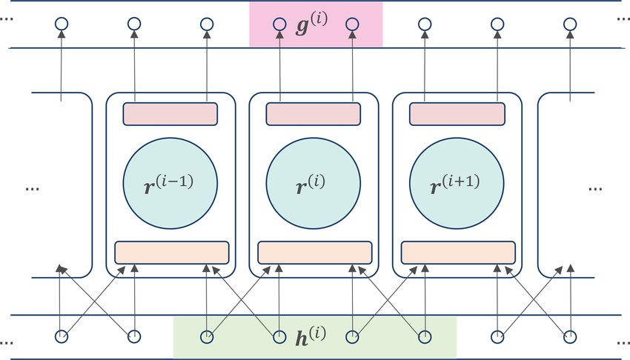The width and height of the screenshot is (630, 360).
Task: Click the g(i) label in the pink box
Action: pyautogui.click(x=311, y=24)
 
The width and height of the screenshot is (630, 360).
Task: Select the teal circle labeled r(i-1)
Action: pyautogui.click(x=170, y=181)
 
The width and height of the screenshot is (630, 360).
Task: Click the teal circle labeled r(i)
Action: pyautogui.click(x=313, y=181)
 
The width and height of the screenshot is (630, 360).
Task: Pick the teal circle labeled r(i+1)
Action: pyautogui.click(x=456, y=181)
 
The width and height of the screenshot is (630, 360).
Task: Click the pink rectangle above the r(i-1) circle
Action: pyautogui.click(x=170, y=114)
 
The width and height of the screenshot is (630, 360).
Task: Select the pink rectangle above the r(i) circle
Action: pyautogui.click(x=313, y=114)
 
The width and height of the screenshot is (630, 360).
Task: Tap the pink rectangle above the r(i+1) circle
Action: pyautogui.click(x=457, y=114)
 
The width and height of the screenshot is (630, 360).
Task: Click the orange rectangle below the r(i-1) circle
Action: pyautogui.click(x=171, y=252)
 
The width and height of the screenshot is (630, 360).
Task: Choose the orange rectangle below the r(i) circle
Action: pyautogui.click(x=315, y=252)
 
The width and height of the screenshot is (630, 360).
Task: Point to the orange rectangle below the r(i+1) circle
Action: pyautogui.click(x=458, y=252)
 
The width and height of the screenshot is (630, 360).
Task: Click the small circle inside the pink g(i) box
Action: pyautogui.click(x=279, y=24)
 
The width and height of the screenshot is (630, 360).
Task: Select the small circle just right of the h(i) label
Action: pyautogui.click(x=352, y=338)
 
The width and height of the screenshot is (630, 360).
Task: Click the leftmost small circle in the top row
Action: pyautogui.click(x=62, y=24)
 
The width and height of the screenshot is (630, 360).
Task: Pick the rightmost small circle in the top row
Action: pyautogui.click(x=569, y=24)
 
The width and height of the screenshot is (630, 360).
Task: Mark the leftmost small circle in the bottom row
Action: pyautogui.click(x=62, y=338)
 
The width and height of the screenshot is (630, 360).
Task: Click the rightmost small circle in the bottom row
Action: pyautogui.click(x=569, y=338)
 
